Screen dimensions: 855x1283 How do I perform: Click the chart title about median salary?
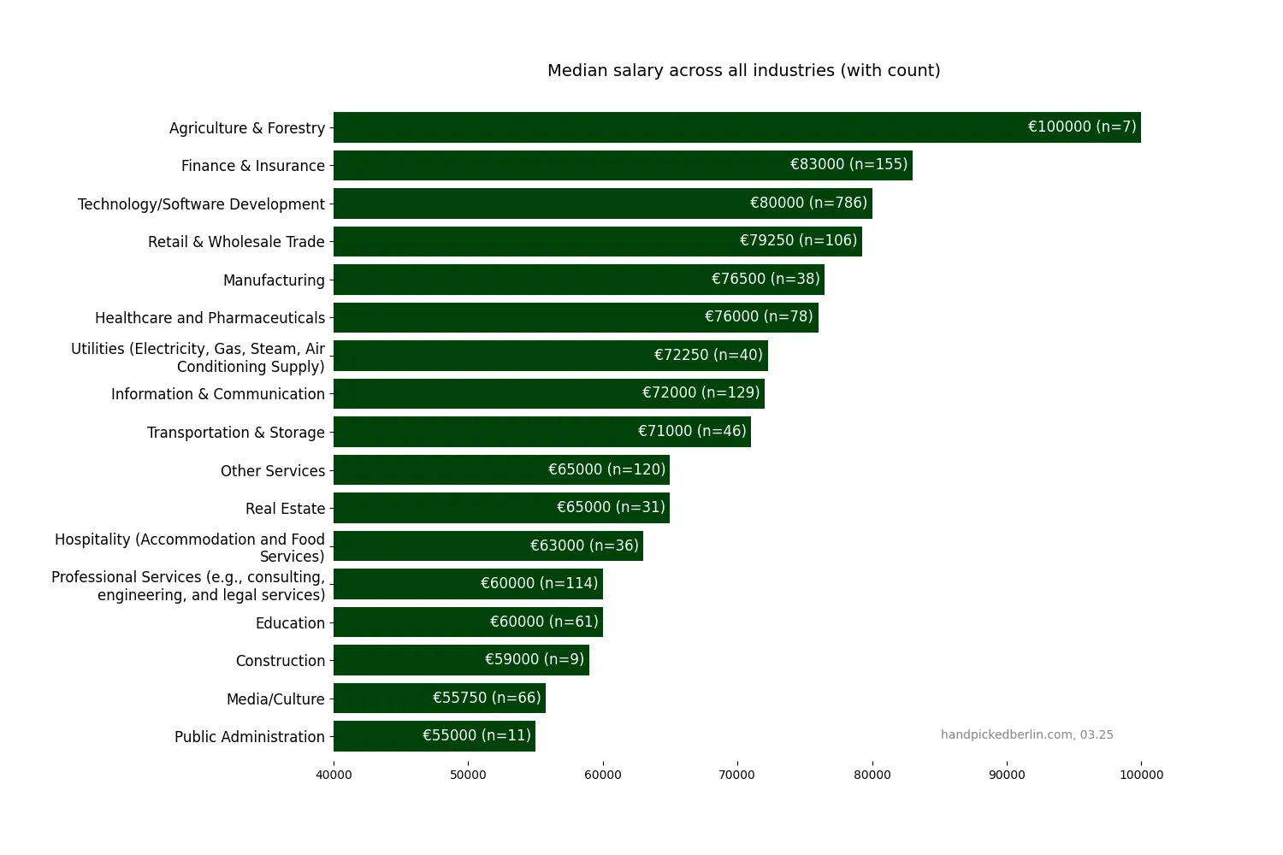(743, 71)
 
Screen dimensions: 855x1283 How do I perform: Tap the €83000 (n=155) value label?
(848, 165)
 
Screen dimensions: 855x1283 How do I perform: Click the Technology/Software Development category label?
(201, 204)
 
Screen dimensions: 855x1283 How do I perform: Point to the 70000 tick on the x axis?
(737, 775)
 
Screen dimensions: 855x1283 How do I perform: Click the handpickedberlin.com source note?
(1026, 735)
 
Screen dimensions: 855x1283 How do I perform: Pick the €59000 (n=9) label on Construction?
(535, 660)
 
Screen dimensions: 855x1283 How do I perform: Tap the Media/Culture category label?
(275, 699)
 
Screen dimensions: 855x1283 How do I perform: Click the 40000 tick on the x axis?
(334, 775)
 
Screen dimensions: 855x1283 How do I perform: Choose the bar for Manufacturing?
(513, 280)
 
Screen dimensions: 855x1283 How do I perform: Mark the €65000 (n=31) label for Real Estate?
(611, 508)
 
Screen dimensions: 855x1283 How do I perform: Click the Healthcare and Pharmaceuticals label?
(210, 318)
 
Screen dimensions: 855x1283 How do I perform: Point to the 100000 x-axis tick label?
(1141, 775)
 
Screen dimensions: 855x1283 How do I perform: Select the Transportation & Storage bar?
(479, 432)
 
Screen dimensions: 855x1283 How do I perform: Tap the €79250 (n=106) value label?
(798, 241)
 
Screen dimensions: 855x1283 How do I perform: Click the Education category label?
(290, 623)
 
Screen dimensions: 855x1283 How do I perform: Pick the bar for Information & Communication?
(479, 393)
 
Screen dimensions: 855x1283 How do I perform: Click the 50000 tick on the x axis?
(468, 775)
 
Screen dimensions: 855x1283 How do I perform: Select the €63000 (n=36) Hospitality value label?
(584, 545)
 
